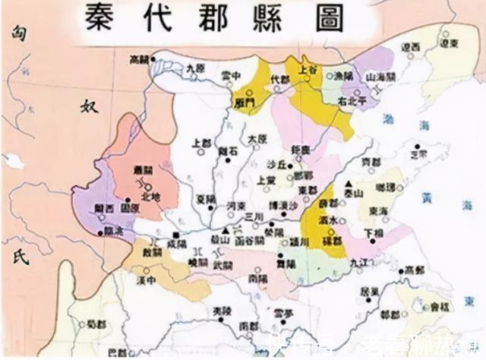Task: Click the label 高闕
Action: click(x=137, y=58)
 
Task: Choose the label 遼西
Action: click(x=411, y=47)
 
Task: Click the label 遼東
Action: click(x=450, y=45)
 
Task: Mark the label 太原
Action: click(x=257, y=140)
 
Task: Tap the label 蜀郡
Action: click(x=94, y=324)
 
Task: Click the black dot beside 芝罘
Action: click(x=417, y=145)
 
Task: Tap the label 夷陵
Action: click(x=221, y=311)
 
